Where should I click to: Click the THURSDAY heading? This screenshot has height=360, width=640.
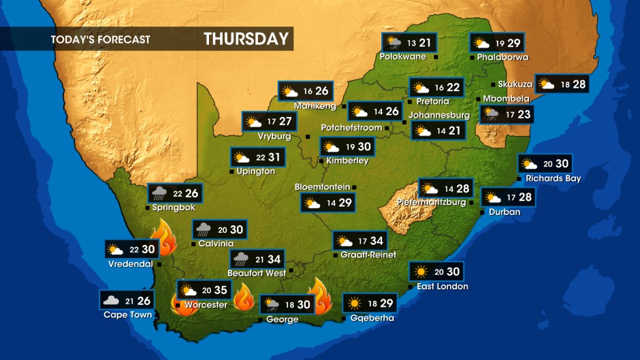click(246, 39)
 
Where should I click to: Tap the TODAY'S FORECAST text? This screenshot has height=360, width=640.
click(100, 39)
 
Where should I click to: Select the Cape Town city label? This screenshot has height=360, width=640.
click(127, 314)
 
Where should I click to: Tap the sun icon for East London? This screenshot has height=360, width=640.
click(421, 272)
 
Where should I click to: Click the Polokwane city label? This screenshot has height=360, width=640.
click(403, 56)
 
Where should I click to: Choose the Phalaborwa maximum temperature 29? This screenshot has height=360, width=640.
click(513, 43)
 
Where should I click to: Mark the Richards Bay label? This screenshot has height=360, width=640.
click(553, 178)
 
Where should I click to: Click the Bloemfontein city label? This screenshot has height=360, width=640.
click(322, 186)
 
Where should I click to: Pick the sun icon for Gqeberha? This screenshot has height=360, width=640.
click(354, 304)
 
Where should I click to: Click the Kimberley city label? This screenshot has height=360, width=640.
click(348, 161)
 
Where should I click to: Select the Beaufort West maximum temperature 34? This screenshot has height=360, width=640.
click(274, 259)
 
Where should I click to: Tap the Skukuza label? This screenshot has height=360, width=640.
click(515, 84)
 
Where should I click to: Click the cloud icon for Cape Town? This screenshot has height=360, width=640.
click(111, 300)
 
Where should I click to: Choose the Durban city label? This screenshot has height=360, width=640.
click(505, 212)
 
